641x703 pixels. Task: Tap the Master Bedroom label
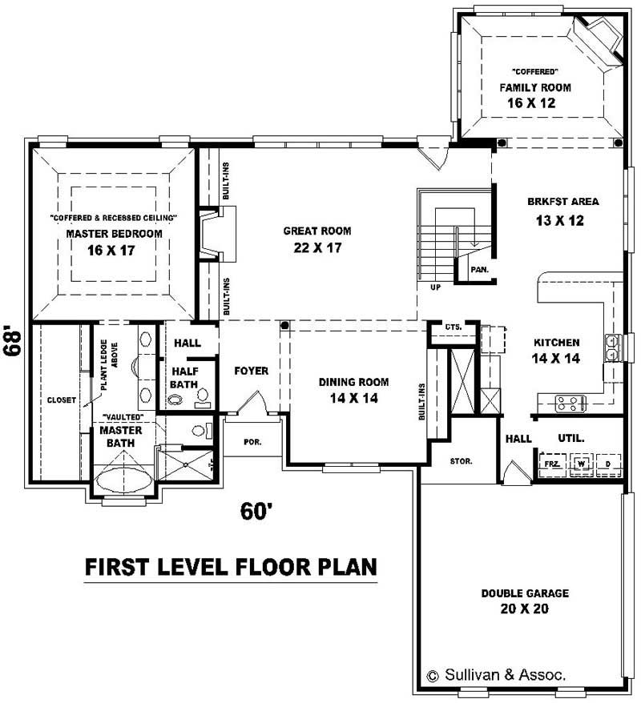click(x=114, y=234)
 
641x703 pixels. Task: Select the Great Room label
click(x=317, y=231)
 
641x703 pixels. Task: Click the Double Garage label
click(x=525, y=593)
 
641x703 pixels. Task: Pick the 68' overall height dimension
click(x=14, y=343)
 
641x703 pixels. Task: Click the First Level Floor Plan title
click(x=231, y=567)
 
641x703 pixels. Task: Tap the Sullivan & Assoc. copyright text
click(x=496, y=675)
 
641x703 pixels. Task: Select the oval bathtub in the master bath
click(x=122, y=484)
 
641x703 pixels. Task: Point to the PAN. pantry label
click(x=479, y=270)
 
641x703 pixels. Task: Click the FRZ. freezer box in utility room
click(x=551, y=464)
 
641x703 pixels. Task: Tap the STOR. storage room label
click(x=461, y=461)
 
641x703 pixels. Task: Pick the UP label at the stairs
click(x=435, y=286)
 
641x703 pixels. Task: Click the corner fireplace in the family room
click(x=599, y=38)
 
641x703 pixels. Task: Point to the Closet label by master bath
click(x=61, y=400)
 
